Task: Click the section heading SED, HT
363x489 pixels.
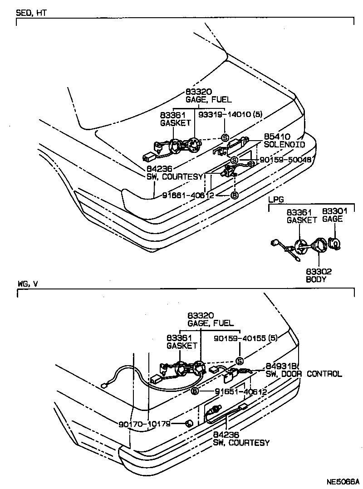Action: (x=31, y=13)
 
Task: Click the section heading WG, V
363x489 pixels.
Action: (x=28, y=284)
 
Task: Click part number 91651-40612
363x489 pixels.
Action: (x=240, y=391)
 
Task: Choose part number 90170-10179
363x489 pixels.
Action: (x=144, y=424)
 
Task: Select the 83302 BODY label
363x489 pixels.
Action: (x=319, y=275)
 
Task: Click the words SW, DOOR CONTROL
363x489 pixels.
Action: (x=304, y=374)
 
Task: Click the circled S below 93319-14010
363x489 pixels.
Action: (x=224, y=137)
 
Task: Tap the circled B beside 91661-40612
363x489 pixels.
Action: (x=234, y=196)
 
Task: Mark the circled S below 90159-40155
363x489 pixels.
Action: (x=240, y=361)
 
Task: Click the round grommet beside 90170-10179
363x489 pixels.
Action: (x=189, y=424)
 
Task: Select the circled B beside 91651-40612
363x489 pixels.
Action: (x=195, y=391)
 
